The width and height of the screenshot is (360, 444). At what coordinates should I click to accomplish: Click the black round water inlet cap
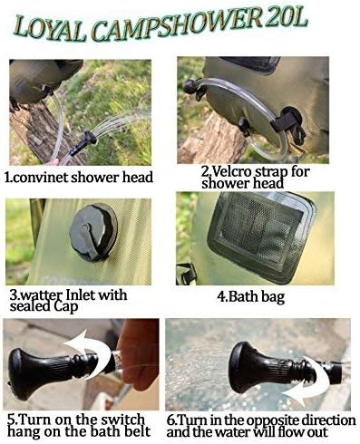coord(92,232)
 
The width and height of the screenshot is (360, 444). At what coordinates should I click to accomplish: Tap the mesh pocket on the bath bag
coord(261,234)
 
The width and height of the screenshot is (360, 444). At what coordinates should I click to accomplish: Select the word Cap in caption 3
coord(65,307)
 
